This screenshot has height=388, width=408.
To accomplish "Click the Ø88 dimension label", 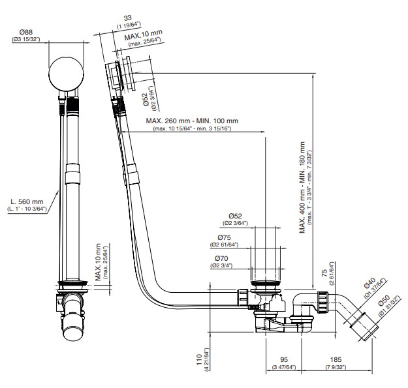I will tap(26, 32).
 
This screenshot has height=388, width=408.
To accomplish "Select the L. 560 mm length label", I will tap(27, 201).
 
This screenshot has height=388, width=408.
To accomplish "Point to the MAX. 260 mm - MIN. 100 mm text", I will tap(191, 121).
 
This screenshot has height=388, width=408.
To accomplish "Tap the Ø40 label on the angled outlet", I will tap(369, 284).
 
